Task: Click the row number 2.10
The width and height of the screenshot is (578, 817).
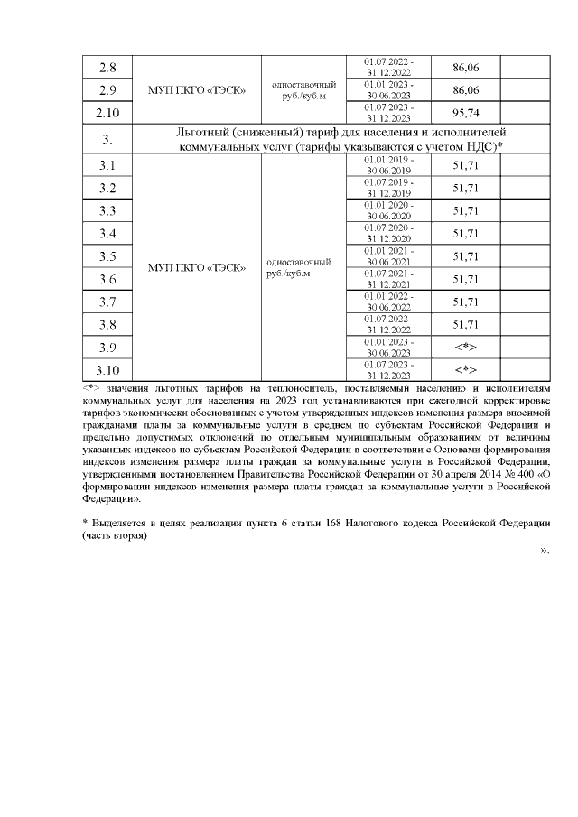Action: pos(107,114)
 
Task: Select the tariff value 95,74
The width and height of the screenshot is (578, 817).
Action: pos(464,114)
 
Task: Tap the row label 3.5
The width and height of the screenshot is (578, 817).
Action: pos(107,256)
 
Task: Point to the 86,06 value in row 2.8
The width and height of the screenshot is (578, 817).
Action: pos(464,68)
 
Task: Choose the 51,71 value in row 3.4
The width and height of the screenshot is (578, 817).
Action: pos(464,234)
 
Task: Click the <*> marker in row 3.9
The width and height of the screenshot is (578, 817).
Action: pos(464,347)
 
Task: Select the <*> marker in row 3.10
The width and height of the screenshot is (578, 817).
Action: pos(464,369)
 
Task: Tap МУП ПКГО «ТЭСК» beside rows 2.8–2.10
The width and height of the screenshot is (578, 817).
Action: pos(197,90)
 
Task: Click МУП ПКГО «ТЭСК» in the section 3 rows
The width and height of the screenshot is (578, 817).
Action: pos(197,267)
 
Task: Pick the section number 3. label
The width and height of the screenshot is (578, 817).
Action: pos(107,139)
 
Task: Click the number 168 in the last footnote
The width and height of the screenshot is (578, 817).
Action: pos(307,524)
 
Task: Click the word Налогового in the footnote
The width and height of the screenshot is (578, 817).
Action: pos(355,524)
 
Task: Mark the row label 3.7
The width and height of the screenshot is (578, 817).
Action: pos(107,302)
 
